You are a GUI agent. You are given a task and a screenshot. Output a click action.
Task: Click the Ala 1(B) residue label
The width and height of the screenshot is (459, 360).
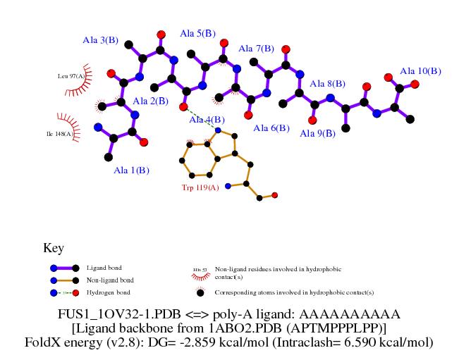click(132, 170)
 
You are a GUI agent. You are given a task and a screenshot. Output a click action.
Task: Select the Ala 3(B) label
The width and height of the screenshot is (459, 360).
click(100, 40)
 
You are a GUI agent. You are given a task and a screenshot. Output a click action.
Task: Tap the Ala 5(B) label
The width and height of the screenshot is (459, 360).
click(198, 33)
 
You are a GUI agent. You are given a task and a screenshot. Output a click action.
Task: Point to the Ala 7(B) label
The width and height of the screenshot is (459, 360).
click(256, 49)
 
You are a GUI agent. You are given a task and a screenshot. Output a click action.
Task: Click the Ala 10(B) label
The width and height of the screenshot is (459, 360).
click(420, 71)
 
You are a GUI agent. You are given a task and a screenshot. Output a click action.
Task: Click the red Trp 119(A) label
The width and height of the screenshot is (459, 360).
click(201, 188)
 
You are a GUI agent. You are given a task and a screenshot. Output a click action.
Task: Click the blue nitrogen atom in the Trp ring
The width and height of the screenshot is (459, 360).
click(219, 130)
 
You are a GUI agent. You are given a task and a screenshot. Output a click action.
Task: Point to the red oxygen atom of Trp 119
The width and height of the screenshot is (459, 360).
click(275, 195)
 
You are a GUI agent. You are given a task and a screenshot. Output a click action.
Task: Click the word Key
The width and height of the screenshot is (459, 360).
click(54, 248)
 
